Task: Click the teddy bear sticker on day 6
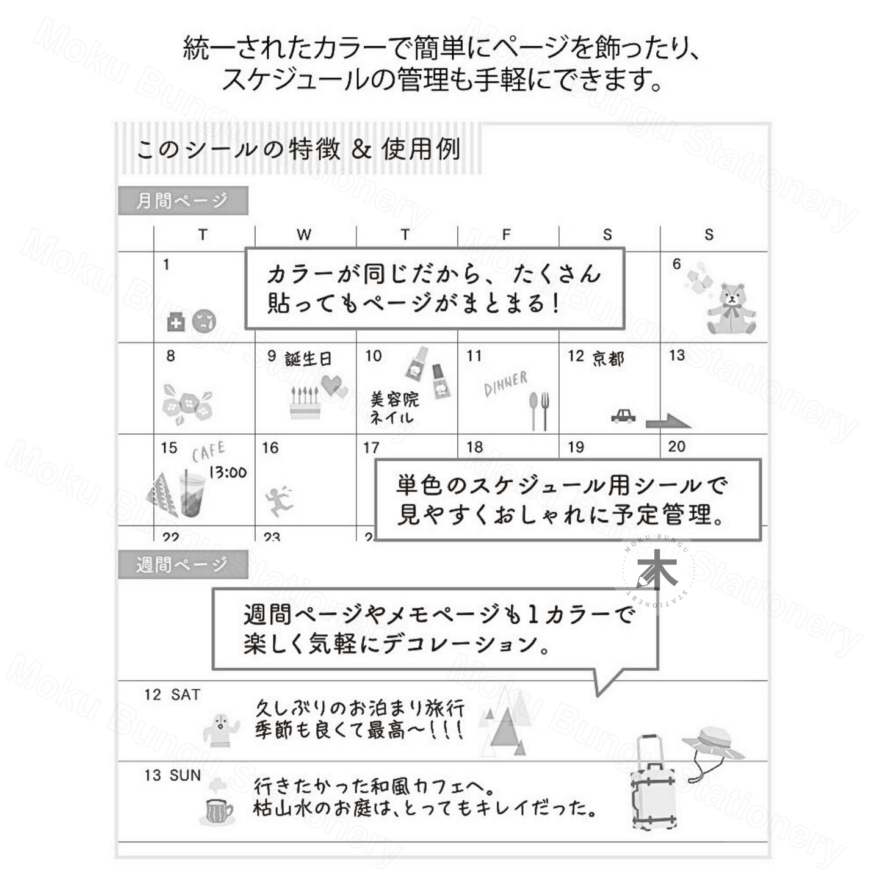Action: [731, 308]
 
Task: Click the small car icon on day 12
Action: [623, 416]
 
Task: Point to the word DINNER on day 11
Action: [505, 384]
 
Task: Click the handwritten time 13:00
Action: [228, 472]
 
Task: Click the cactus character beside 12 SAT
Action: [222, 729]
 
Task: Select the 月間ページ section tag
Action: [183, 200]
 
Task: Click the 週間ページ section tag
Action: [183, 564]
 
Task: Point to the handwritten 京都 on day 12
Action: [608, 358]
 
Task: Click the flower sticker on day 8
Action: [187, 403]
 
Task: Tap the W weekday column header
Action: [304, 235]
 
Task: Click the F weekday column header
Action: [506, 235]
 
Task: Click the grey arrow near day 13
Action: [668, 421]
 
